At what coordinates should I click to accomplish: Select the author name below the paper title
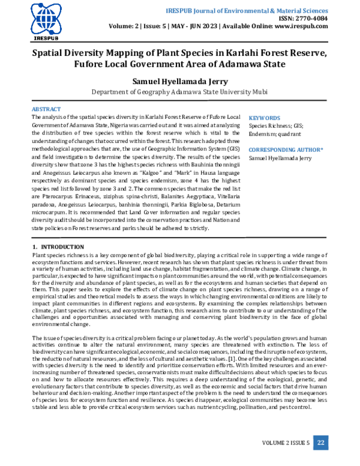click(x=179, y=80)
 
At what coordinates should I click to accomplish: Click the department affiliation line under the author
click(x=180, y=92)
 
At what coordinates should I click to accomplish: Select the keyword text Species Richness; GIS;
click(x=276, y=126)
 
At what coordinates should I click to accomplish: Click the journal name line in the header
click(x=259, y=11)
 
